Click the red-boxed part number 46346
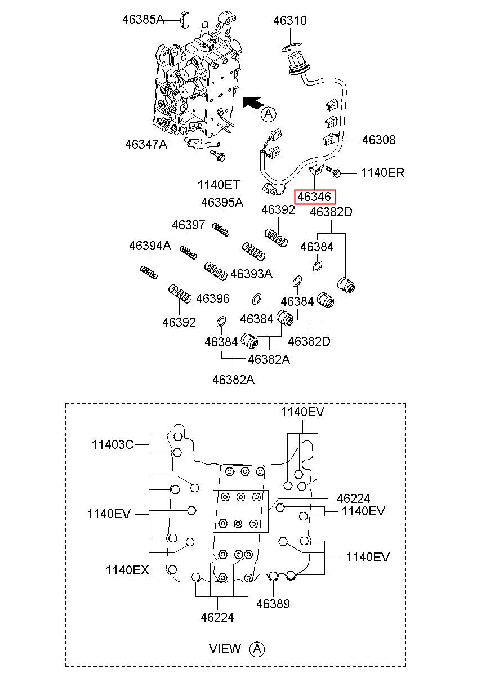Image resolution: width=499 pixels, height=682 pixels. pos(314,197)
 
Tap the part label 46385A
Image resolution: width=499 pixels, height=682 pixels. pos(143,20)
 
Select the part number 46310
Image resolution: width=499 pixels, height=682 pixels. pos(290,20)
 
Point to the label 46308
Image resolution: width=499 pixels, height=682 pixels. pos(378,140)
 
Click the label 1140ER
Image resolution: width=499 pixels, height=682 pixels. pos(382,173)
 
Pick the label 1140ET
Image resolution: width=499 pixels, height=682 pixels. pos(219,185)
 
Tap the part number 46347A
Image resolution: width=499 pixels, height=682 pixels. pos(146,144)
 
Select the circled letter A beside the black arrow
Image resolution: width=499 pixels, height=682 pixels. pos(269,114)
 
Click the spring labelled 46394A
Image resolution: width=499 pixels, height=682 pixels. pos(149,273)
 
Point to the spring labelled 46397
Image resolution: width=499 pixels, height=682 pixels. pos(188,253)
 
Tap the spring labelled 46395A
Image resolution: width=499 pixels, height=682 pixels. pos(221,229)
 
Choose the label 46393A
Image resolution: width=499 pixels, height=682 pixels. pos(252,274)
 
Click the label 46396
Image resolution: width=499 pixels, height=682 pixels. pos(213,298)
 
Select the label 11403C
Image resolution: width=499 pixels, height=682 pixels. pos(113,444)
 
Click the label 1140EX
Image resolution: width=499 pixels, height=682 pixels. pos(127,570)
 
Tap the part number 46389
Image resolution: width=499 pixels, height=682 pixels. pos(273,604)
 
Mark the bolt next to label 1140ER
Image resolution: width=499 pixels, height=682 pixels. pos(333,171)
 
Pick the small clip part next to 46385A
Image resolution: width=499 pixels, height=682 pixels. pos(185,20)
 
